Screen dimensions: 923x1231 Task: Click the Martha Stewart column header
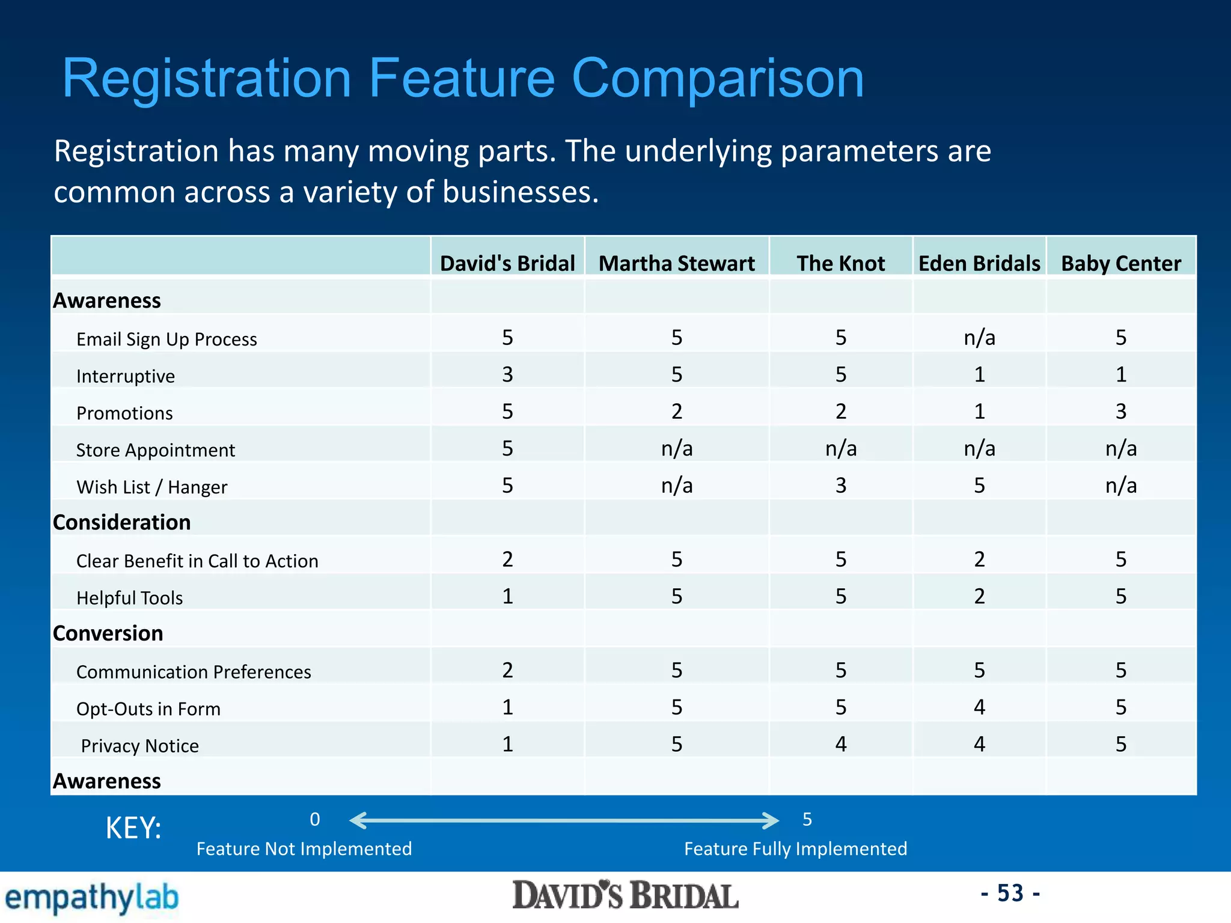(x=676, y=263)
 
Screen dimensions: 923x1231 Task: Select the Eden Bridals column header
(x=979, y=263)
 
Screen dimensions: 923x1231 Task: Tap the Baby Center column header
(x=1120, y=263)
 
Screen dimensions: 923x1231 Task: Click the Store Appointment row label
(x=155, y=450)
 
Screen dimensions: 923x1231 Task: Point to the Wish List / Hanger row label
(x=151, y=487)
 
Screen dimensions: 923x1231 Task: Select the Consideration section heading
(x=121, y=522)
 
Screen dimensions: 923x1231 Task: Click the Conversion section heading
(x=108, y=633)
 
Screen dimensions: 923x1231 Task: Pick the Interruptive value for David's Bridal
(x=507, y=374)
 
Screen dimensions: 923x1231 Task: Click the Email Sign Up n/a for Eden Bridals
(x=979, y=338)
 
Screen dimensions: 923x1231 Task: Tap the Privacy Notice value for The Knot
(x=840, y=744)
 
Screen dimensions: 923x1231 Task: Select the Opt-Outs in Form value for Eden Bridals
(x=979, y=707)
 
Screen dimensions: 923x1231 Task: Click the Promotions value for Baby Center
(x=1120, y=412)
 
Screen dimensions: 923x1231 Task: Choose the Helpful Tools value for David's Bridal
(x=507, y=596)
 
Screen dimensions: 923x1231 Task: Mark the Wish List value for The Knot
(x=840, y=486)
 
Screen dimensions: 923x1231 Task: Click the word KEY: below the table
(x=133, y=828)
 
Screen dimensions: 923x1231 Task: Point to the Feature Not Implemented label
(x=304, y=848)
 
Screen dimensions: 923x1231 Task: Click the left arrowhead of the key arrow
(x=356, y=820)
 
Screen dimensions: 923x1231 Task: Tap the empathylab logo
(x=91, y=898)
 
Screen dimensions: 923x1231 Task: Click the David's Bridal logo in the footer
(x=625, y=896)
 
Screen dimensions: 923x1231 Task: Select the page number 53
(x=1010, y=893)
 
